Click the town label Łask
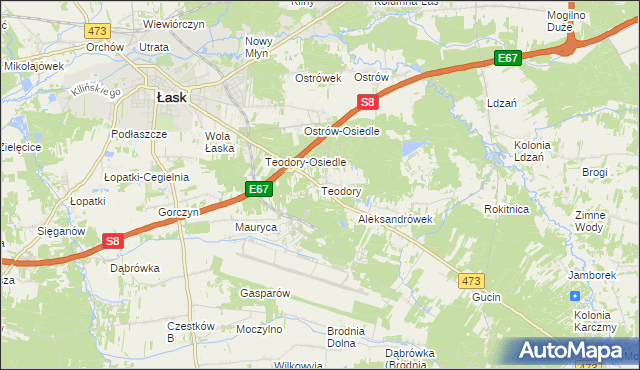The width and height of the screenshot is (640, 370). [172, 98]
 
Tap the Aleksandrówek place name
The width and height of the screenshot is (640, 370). [394, 218]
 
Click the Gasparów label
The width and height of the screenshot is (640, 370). [264, 293]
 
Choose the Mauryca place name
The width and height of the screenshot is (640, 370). [255, 228]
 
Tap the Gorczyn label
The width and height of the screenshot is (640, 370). [180, 213]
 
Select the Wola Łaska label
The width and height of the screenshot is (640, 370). [219, 142]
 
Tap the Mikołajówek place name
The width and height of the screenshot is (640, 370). [34, 66]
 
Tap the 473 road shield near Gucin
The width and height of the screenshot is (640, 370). [473, 281]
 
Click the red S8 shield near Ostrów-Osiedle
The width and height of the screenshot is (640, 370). [368, 102]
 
